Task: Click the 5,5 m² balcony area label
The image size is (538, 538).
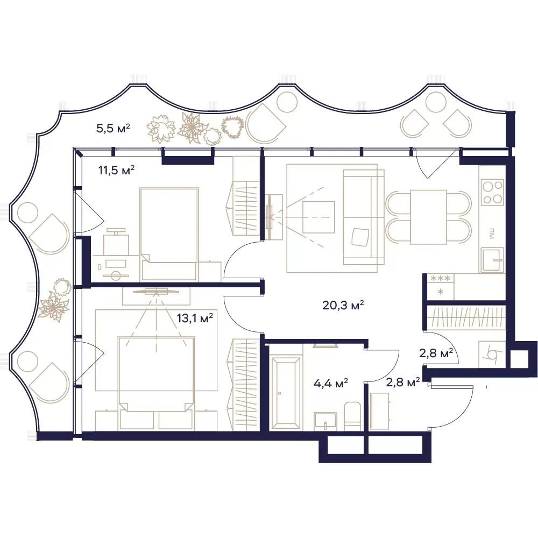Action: point(113,129)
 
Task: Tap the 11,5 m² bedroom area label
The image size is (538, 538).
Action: point(116,170)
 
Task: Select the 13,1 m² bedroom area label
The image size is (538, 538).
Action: point(195,318)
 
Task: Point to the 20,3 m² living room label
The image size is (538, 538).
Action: point(343,305)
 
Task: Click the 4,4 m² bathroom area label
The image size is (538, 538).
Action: point(331,383)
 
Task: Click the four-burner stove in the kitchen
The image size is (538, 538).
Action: point(492,192)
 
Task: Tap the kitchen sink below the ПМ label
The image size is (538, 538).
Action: point(492,260)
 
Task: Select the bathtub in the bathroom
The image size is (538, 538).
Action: point(286,393)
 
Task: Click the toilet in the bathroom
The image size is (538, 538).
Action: point(352,416)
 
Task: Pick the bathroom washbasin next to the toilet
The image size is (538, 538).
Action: point(325,421)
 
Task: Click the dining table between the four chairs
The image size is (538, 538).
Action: point(429,217)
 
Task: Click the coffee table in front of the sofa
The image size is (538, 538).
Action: point(318,217)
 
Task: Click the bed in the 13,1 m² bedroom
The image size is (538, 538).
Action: point(157,374)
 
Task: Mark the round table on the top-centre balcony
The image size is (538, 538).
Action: point(287,102)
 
